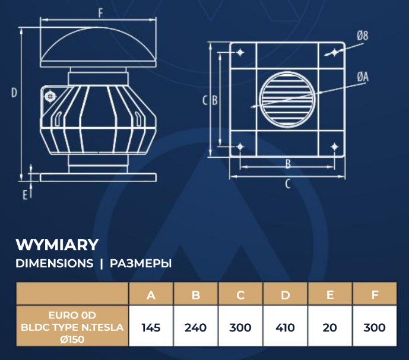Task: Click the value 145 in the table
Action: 151,327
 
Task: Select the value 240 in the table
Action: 196,327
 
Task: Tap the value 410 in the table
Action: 285,327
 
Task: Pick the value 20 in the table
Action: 330,327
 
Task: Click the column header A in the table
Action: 151,295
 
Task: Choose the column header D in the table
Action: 285,295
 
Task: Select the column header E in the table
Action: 330,295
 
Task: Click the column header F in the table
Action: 375,295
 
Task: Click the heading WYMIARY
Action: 57,244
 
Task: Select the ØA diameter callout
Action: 363,77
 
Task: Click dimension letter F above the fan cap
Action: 100,12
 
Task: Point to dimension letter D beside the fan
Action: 14,92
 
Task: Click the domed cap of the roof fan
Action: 99,47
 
